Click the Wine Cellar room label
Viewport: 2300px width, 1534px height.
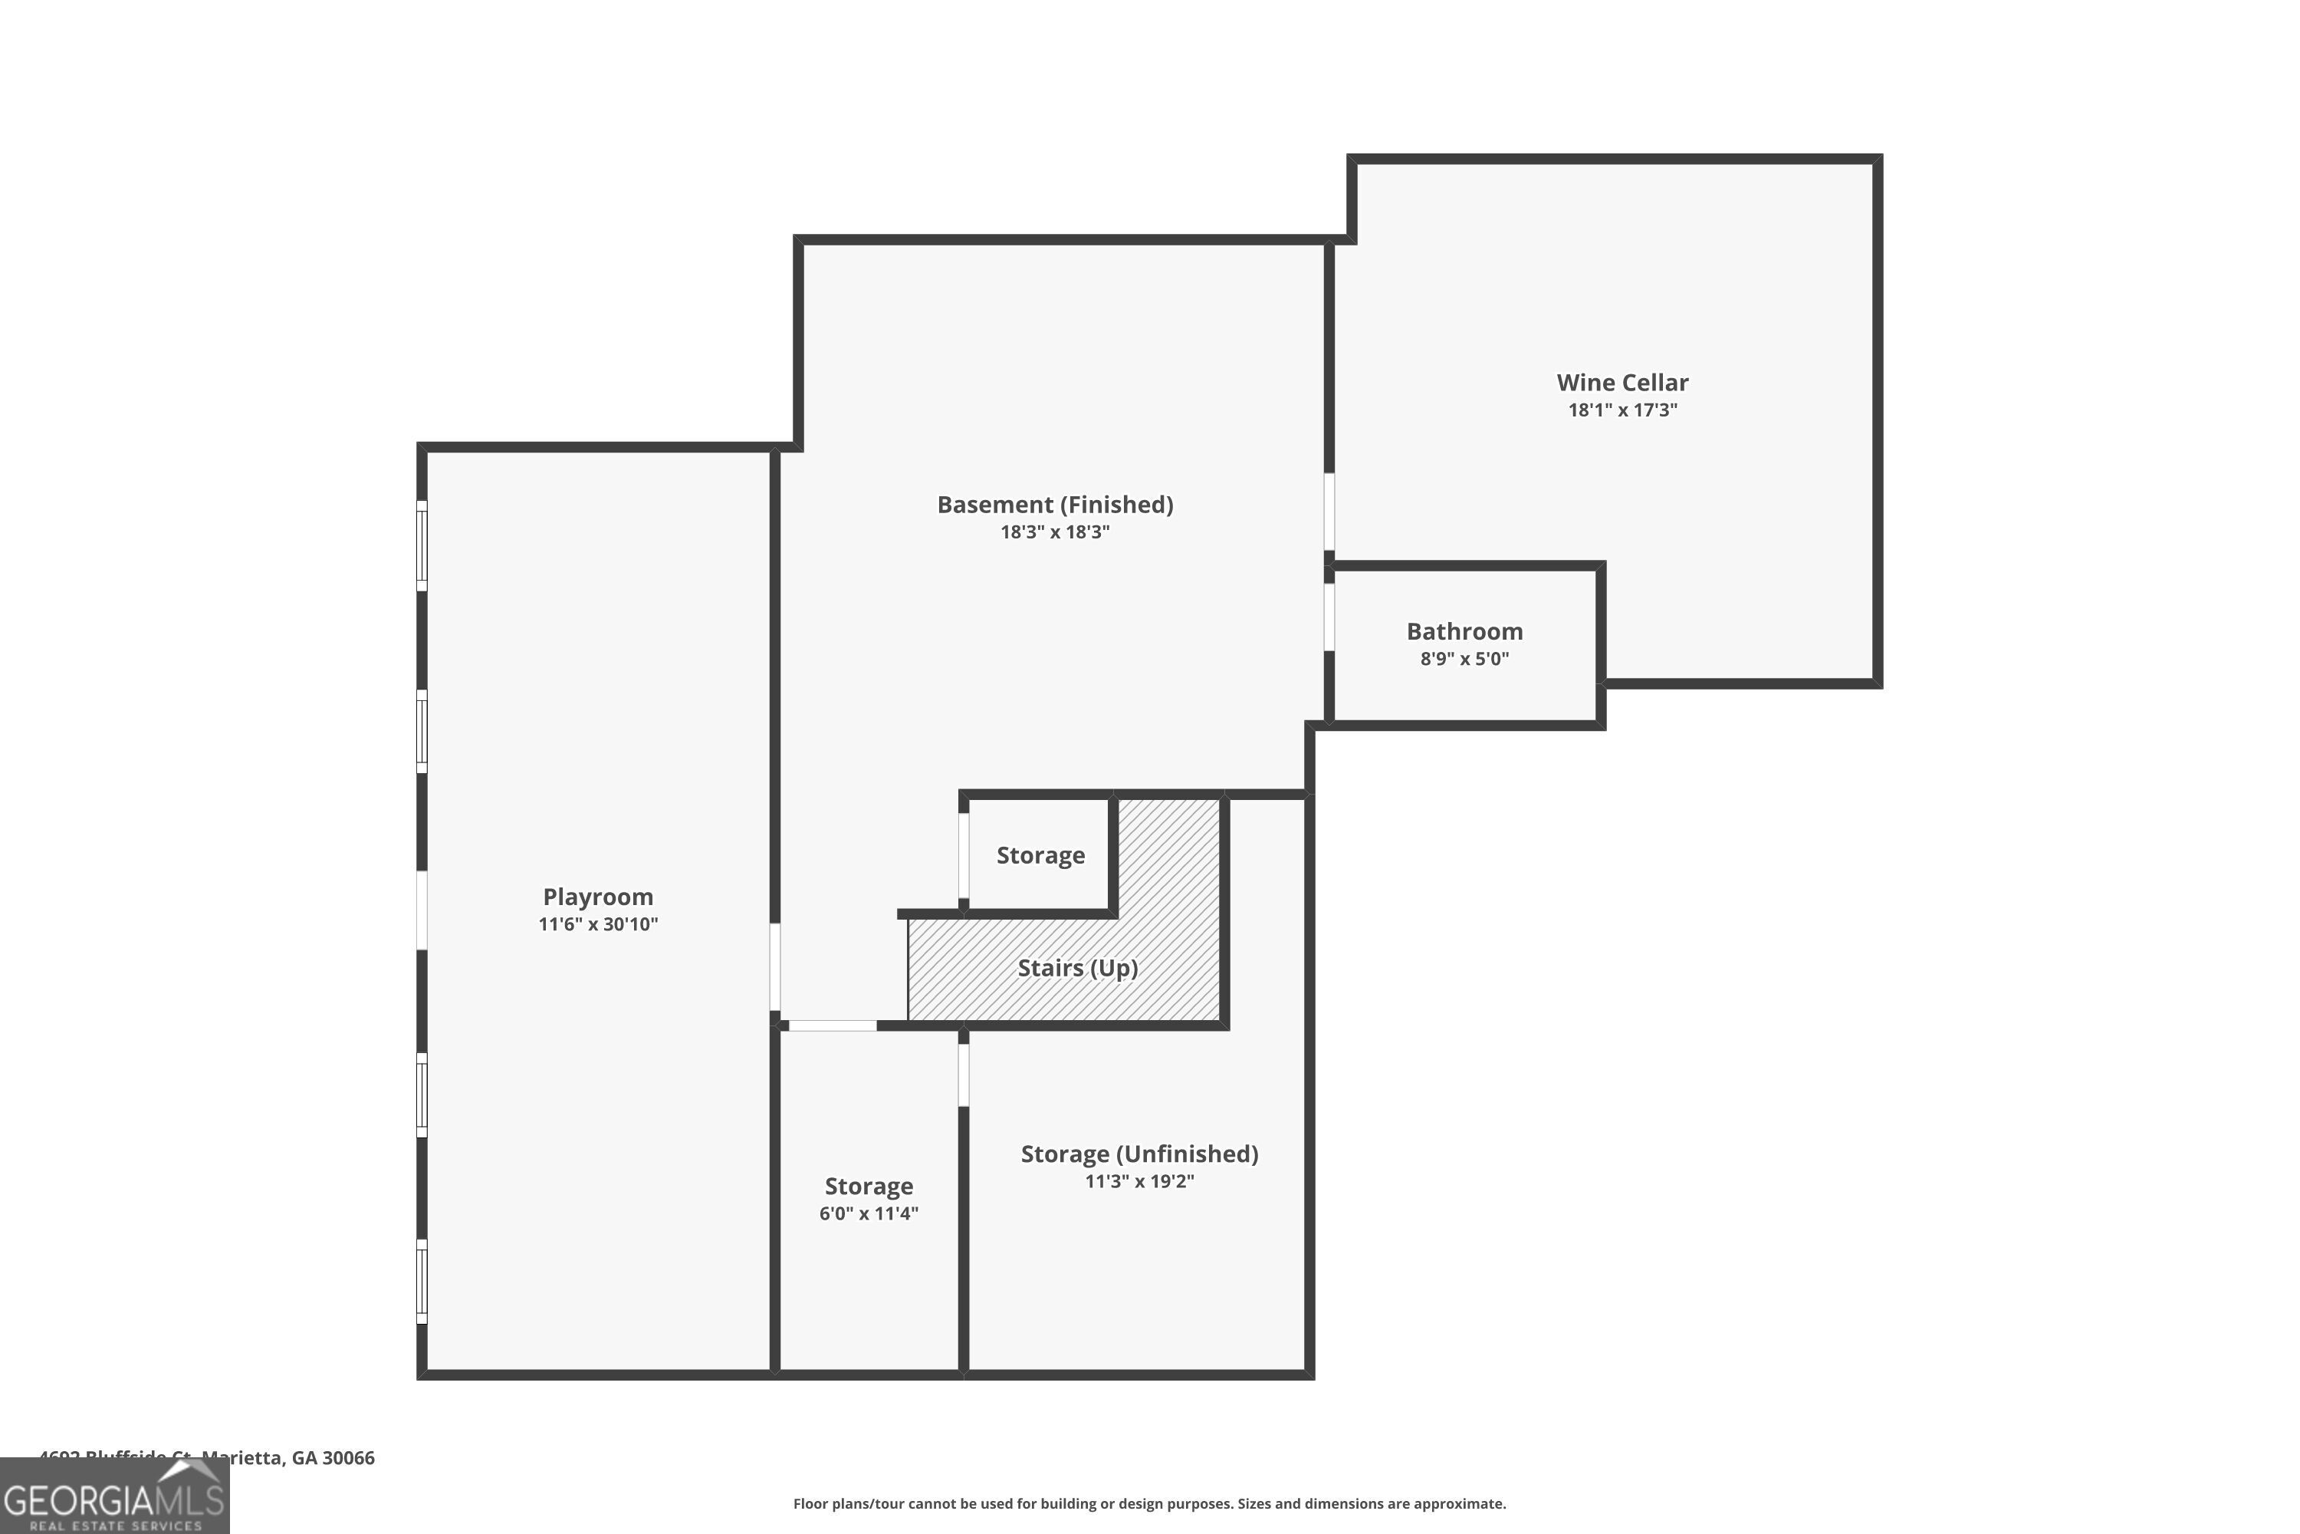(x=1621, y=383)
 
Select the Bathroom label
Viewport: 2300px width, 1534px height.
(x=1464, y=631)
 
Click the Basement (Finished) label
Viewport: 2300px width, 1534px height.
(x=1054, y=505)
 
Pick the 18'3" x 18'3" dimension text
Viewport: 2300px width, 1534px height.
(x=1054, y=532)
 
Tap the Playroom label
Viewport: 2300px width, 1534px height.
(x=597, y=897)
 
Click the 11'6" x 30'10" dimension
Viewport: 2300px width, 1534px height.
(x=597, y=924)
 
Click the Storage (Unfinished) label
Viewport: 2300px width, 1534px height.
(x=1138, y=1154)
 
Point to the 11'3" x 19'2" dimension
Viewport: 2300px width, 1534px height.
(x=1138, y=1182)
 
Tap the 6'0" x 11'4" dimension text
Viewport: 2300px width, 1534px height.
(x=869, y=1214)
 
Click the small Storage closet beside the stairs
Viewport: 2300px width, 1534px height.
(x=1040, y=856)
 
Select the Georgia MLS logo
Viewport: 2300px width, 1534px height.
(x=113, y=1498)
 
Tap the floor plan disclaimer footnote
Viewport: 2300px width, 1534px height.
(x=1149, y=1503)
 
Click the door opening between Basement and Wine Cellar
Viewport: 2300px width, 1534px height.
(x=1329, y=512)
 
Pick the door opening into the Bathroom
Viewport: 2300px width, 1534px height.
(x=1329, y=617)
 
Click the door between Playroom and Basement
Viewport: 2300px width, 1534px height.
(x=774, y=967)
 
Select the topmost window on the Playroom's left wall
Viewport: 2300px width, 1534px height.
(x=422, y=546)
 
